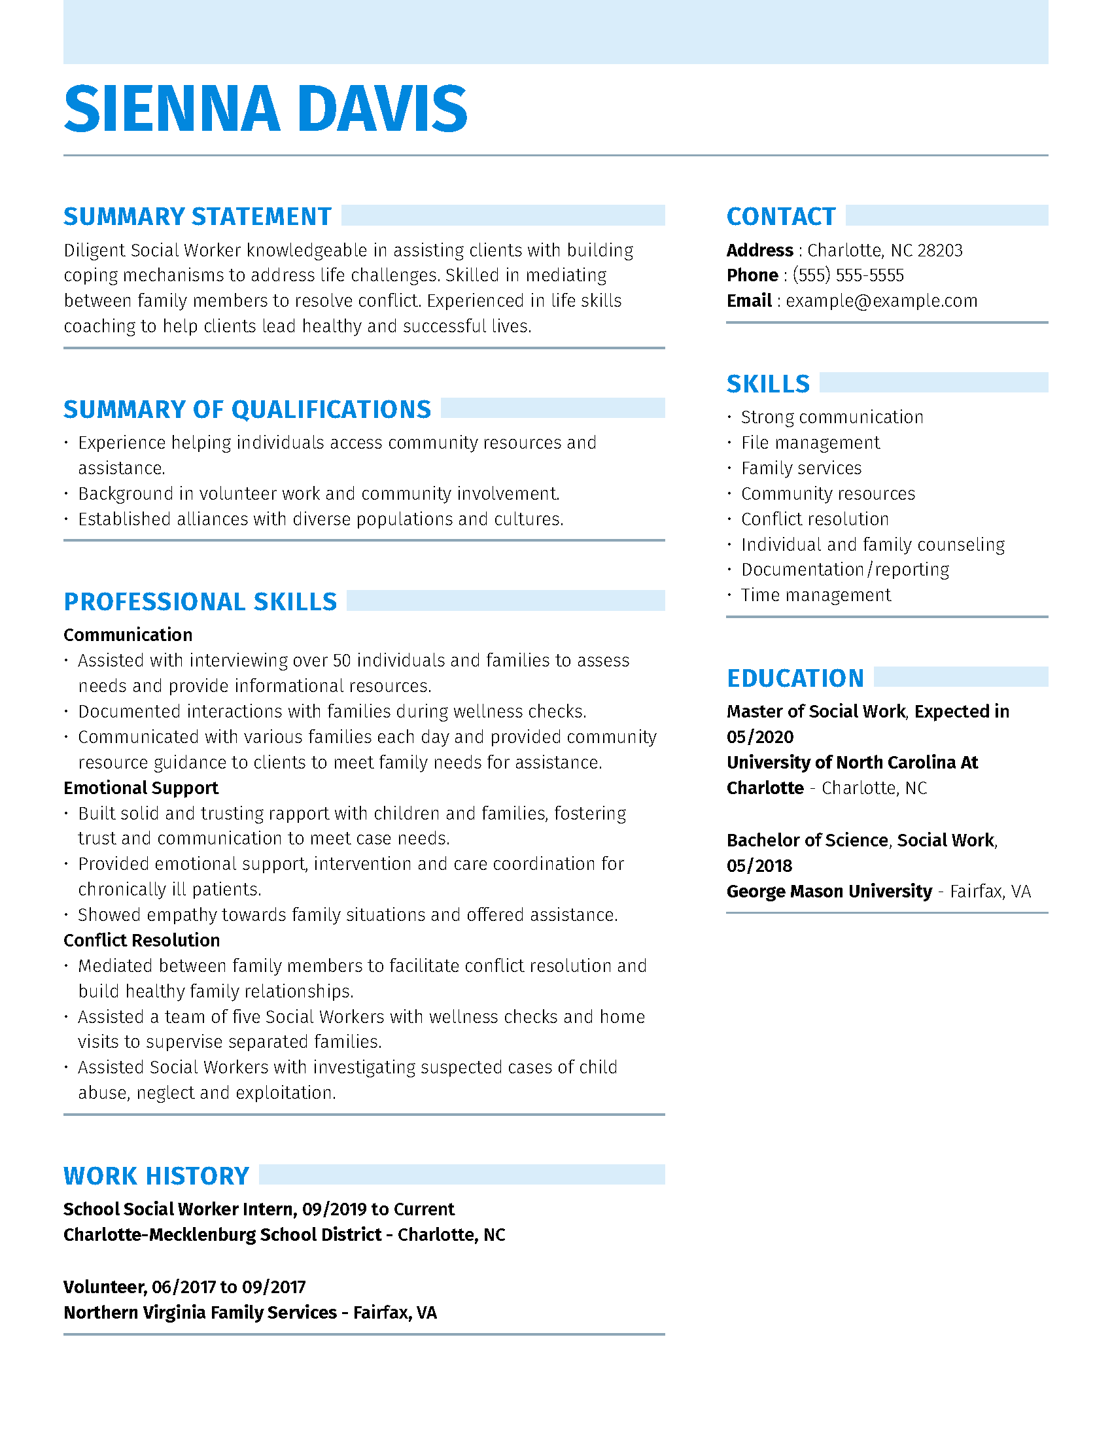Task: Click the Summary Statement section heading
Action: (197, 217)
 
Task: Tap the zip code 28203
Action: (940, 251)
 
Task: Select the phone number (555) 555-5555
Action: (848, 275)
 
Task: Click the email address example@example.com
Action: (882, 301)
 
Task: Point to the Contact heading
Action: (780, 217)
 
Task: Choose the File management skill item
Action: (810, 443)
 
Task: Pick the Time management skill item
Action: (816, 595)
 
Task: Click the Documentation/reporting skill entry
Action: (845, 569)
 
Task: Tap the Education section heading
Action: (795, 678)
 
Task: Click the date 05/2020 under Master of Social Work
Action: (760, 737)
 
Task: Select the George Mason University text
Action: (829, 892)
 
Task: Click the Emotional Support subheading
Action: (141, 788)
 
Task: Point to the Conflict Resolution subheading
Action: (142, 940)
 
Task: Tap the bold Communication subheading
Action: (128, 635)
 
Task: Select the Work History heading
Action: (156, 1176)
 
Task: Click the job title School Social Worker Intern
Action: (179, 1209)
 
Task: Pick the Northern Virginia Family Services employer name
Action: (200, 1313)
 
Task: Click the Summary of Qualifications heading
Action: (247, 410)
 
